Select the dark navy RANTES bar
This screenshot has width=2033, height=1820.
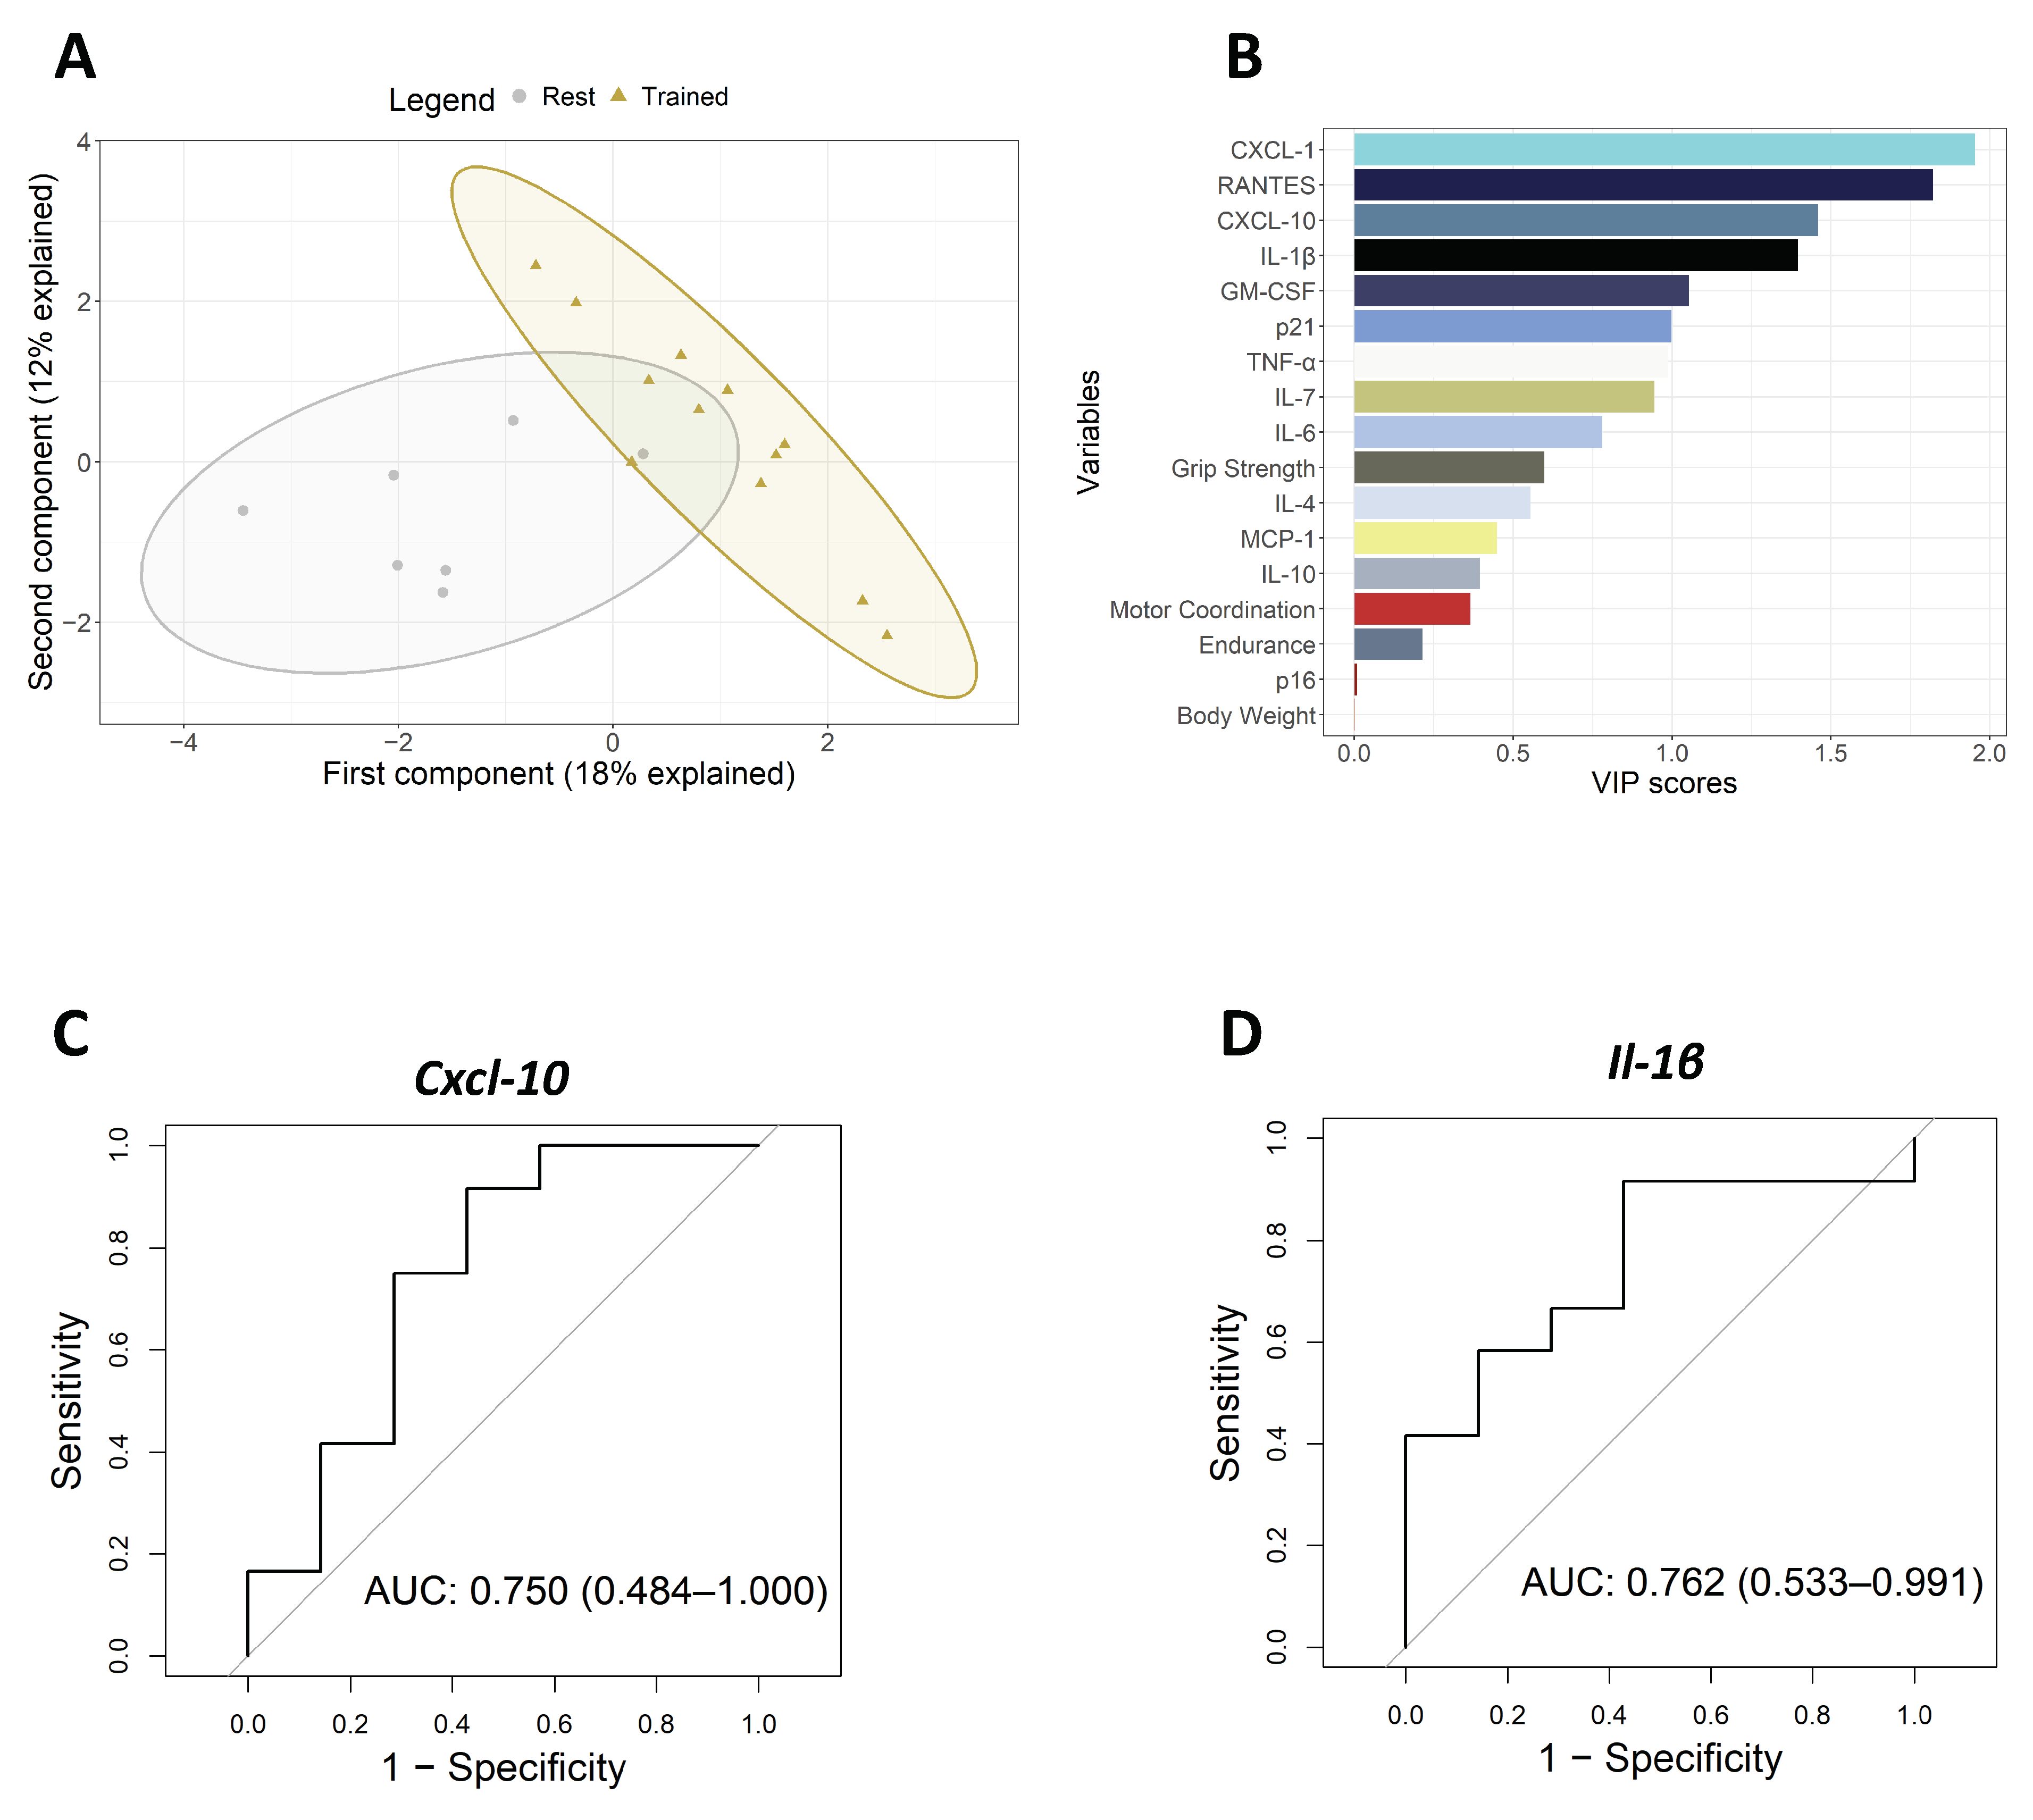[1642, 185]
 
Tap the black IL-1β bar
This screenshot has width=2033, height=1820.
[1575, 255]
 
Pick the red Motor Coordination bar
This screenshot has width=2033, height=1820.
[1411, 609]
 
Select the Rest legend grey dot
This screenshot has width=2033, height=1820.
[519, 96]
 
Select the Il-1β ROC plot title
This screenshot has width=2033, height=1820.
[1655, 1062]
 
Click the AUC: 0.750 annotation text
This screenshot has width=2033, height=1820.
[595, 1591]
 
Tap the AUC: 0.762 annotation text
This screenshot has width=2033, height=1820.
[1751, 1583]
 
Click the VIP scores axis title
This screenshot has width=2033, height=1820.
[1664, 783]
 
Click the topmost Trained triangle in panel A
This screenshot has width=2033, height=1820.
[536, 264]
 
